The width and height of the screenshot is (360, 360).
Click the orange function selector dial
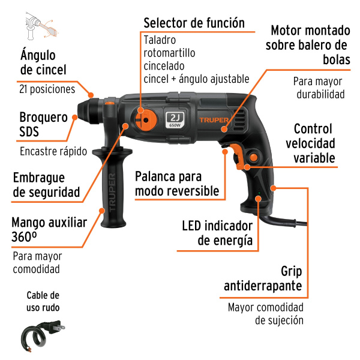point(146,120)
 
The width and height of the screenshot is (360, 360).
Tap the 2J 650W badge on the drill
point(175,120)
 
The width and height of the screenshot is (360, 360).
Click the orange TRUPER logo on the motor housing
point(214,120)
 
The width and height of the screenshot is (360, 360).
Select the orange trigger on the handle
point(239,156)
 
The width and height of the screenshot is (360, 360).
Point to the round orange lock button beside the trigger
point(253,157)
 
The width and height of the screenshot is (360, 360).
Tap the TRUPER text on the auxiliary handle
point(112,193)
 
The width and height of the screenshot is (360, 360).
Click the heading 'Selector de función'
point(194,23)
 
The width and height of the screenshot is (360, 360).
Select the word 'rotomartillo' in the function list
point(169,53)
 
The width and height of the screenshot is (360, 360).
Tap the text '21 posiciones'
point(47,89)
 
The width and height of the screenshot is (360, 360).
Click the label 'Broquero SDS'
point(43,124)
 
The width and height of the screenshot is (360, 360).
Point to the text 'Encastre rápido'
point(53,151)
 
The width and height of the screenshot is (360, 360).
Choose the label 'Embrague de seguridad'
point(47,185)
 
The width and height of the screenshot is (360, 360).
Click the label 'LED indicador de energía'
point(217,233)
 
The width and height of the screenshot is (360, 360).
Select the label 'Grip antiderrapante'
point(263,279)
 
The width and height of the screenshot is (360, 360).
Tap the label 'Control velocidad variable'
point(310,143)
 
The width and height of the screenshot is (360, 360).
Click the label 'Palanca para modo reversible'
point(177,184)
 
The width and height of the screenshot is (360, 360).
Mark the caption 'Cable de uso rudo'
point(43,301)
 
